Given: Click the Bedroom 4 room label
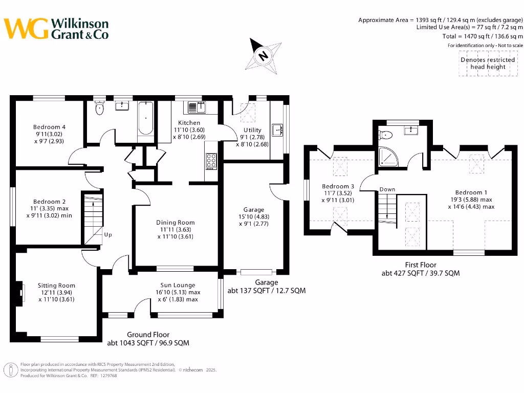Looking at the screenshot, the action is [50, 127].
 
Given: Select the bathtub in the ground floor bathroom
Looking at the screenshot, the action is [146, 118].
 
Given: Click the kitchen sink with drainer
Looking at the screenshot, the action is [196, 107].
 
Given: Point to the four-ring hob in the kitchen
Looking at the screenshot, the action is [211, 161].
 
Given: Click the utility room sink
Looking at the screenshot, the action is [277, 130].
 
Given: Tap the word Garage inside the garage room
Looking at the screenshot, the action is [254, 209].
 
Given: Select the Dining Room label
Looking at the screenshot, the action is [176, 223].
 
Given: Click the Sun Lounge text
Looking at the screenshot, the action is [178, 285].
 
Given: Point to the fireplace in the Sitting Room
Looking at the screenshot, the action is [20, 293].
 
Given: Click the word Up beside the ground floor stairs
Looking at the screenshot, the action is [108, 234].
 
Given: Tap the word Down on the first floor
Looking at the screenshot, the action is [387, 189].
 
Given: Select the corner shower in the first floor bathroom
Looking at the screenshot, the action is [388, 157].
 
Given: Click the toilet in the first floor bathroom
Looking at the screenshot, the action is [385, 135].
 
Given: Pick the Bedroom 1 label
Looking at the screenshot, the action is [471, 192].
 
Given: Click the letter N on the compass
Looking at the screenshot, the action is [264, 55].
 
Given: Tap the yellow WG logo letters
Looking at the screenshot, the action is [26, 29].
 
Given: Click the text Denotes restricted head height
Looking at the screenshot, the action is [488, 63].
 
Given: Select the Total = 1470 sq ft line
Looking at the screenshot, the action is [483, 36].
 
